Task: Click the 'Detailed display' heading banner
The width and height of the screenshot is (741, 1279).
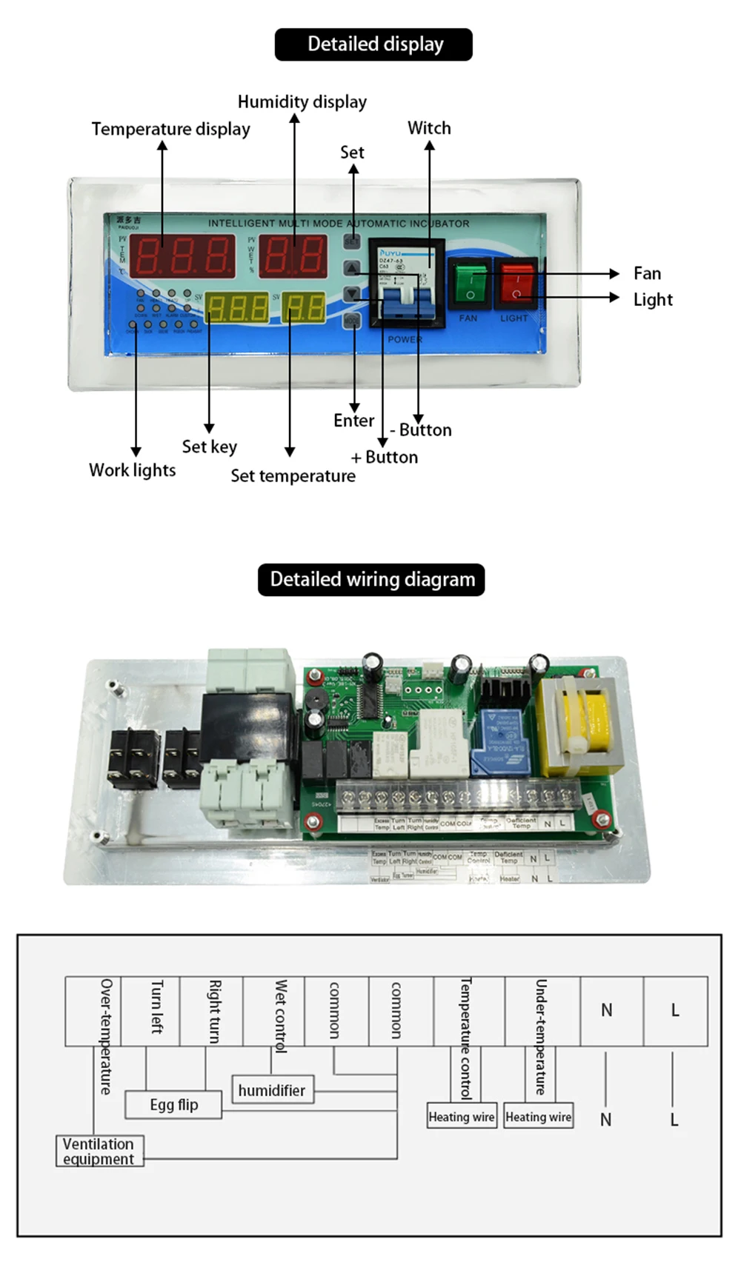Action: click(373, 44)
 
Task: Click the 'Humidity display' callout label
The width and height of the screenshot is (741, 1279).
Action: click(302, 101)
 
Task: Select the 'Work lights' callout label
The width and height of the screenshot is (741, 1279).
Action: click(132, 470)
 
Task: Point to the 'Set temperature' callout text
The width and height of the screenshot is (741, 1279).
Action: click(293, 475)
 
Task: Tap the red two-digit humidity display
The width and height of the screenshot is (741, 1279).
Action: click(293, 256)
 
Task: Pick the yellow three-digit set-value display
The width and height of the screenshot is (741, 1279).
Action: click(237, 307)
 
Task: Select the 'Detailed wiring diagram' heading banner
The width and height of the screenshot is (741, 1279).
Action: click(371, 579)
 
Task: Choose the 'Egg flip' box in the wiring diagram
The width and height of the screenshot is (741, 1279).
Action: click(174, 1104)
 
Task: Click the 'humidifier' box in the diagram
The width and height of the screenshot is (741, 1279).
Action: click(272, 1089)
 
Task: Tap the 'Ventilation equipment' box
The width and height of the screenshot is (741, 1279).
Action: click(99, 1151)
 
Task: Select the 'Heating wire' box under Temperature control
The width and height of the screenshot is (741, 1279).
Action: click(461, 1116)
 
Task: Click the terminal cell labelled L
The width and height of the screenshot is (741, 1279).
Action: click(674, 1010)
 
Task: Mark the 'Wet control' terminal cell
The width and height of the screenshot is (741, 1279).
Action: click(274, 1010)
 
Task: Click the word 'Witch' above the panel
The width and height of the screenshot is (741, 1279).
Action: click(429, 128)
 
